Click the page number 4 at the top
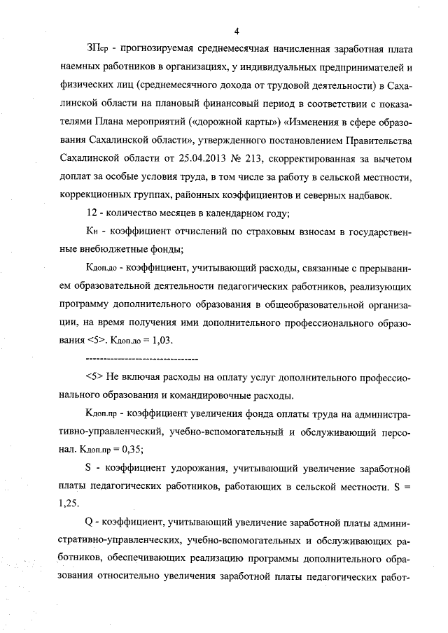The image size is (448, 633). point(237,31)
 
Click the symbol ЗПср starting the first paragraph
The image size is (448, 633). point(99,50)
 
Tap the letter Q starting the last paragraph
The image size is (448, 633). point(88,522)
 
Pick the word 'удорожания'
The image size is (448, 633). point(188,468)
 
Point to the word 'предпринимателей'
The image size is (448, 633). point(358,69)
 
